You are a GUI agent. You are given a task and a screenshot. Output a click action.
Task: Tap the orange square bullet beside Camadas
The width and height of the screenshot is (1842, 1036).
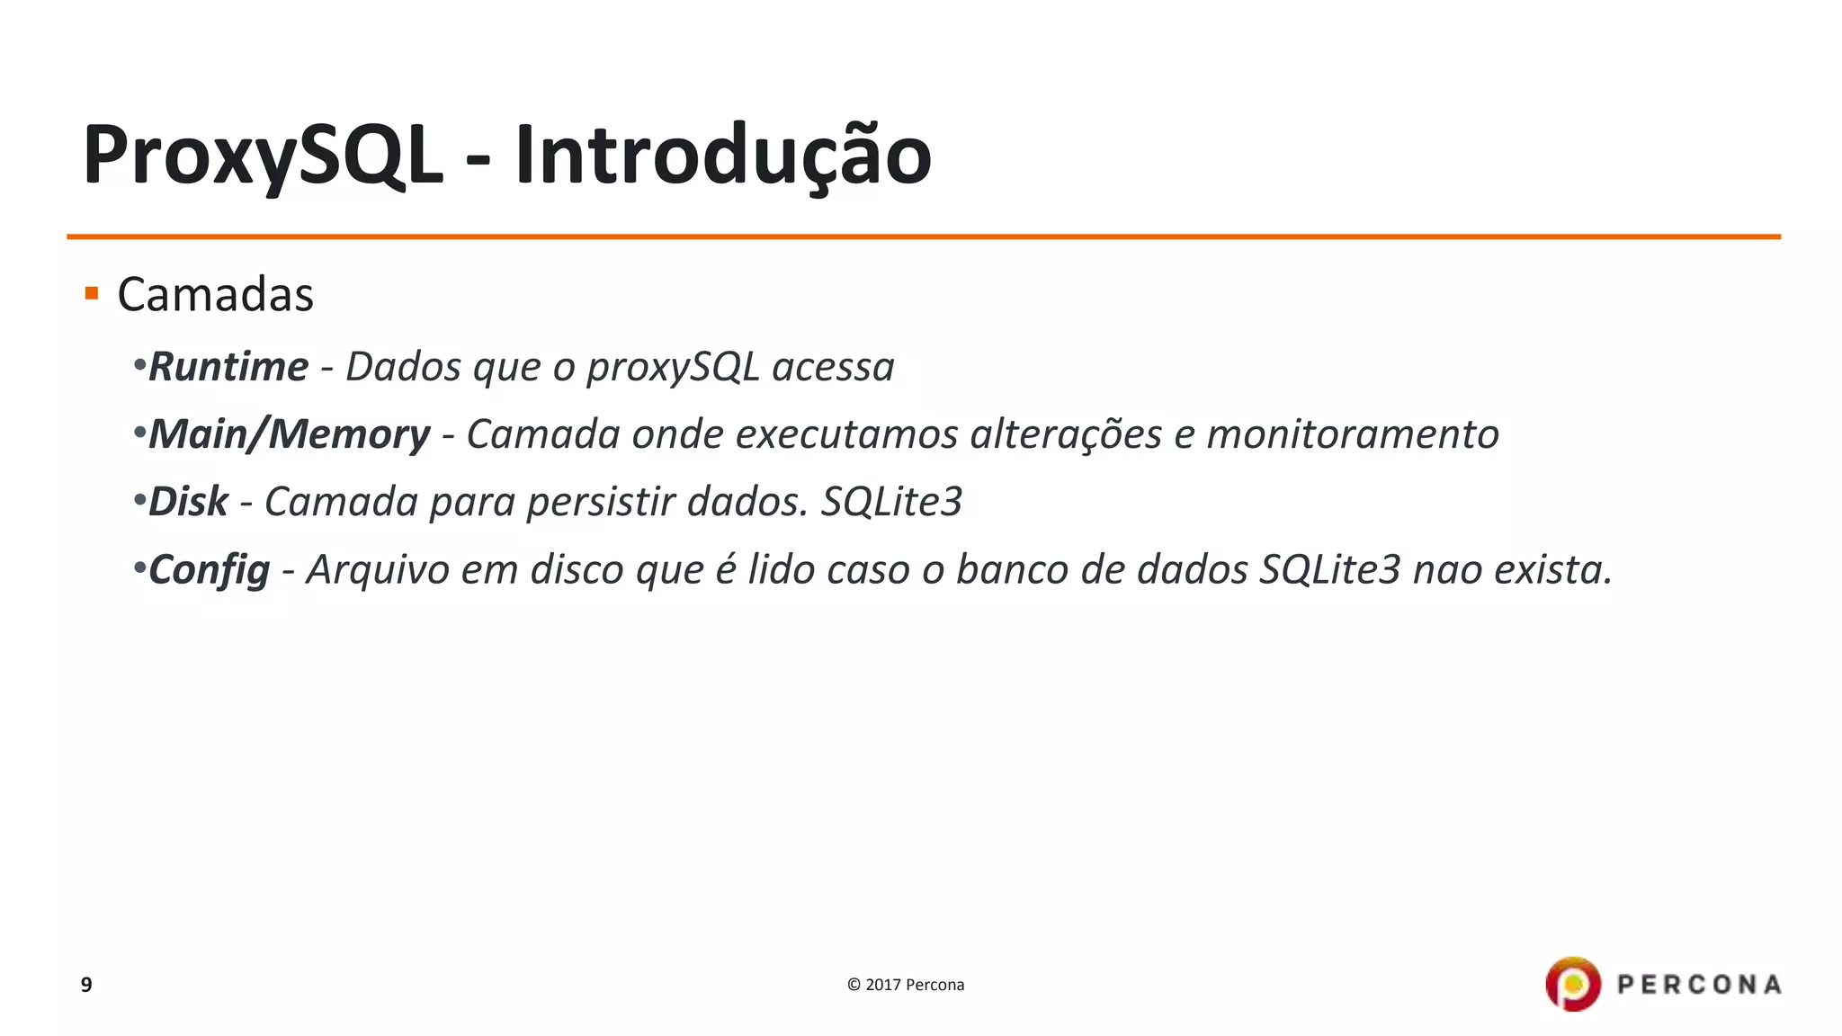click(x=91, y=293)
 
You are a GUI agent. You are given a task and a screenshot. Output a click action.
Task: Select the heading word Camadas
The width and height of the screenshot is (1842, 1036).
click(x=215, y=295)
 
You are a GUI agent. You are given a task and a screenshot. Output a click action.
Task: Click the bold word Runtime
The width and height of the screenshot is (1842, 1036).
click(x=228, y=367)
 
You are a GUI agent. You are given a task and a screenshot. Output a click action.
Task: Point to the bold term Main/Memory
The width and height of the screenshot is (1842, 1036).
click(x=289, y=434)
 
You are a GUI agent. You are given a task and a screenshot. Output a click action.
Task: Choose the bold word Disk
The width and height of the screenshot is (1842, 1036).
click(x=188, y=502)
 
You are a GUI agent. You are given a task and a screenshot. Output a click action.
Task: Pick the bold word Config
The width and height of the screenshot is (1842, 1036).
click(x=209, y=570)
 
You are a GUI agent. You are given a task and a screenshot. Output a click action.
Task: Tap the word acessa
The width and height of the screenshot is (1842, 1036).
click(x=833, y=367)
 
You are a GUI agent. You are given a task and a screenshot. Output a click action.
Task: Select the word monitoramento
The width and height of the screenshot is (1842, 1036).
click(x=1352, y=434)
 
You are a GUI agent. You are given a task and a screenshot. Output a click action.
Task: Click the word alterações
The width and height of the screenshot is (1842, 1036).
click(x=1066, y=434)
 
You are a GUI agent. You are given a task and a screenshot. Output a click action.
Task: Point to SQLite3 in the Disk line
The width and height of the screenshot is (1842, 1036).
click(x=891, y=502)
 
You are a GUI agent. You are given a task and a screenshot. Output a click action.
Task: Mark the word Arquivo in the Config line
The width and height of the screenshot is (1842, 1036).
click(x=378, y=570)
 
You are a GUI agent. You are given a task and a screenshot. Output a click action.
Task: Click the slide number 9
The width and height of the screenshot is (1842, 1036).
click(x=86, y=985)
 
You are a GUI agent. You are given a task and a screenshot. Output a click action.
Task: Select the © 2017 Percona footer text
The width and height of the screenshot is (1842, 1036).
click(x=906, y=985)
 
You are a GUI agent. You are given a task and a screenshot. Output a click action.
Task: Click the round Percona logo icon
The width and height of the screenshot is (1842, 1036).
click(x=1573, y=984)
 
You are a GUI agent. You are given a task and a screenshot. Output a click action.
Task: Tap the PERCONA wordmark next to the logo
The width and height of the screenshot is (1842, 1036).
click(x=1699, y=985)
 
